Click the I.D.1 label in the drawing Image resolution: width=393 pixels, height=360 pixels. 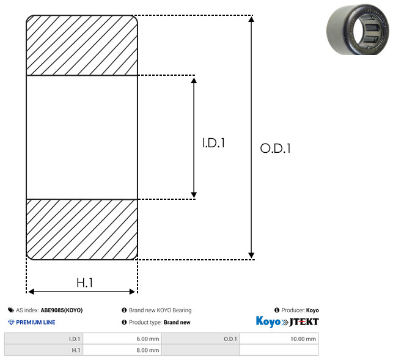tap(213, 142)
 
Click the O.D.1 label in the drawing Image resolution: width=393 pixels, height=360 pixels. tap(275, 148)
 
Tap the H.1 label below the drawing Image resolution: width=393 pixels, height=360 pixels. tap(84, 283)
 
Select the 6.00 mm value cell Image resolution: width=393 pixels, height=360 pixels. tap(122, 339)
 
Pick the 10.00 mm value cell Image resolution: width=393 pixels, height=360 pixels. tap(279, 339)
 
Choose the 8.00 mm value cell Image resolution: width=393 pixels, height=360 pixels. tap(122, 350)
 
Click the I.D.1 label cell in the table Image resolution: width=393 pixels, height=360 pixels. tap(43, 339)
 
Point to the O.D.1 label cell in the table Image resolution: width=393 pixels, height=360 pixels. tap(200, 339)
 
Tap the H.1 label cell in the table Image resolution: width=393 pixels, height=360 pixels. tap(43, 350)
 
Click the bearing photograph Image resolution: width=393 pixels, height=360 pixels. tap(358, 29)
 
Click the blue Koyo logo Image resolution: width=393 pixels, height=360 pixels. tap(268, 321)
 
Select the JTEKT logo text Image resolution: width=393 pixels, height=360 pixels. tap(304, 322)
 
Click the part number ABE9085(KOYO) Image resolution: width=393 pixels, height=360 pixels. tap(62, 310)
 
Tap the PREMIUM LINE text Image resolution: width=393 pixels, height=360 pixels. tap(35, 322)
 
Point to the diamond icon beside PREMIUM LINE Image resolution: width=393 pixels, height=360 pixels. tap(11, 322)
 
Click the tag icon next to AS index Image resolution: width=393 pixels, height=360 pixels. tap(11, 310)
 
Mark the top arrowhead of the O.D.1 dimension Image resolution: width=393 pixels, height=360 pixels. tap(251, 19)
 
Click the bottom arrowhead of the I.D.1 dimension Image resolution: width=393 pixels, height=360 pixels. tap(194, 195)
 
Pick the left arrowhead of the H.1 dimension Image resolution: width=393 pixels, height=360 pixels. tap(31, 292)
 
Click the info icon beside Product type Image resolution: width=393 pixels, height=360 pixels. tap(124, 322)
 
